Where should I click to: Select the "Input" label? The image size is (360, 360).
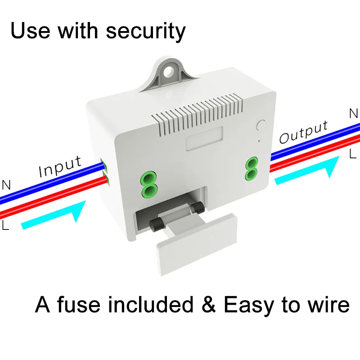point(60,167)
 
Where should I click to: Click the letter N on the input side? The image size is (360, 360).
point(6,184)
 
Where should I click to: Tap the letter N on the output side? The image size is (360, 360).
point(354,113)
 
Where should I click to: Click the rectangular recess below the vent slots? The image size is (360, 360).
point(205,138)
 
